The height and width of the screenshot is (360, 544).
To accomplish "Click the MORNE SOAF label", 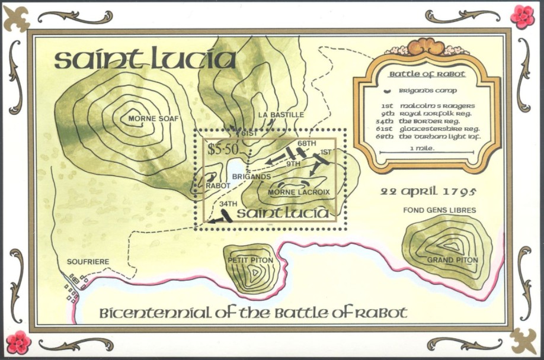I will point(153,118).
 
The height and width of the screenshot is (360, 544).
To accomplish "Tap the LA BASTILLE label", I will point(281,114).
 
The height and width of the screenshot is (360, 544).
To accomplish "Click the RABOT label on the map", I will point(217,185).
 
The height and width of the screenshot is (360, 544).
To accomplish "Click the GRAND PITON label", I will point(452,260).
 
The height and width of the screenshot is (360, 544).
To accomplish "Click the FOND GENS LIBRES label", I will point(439,210).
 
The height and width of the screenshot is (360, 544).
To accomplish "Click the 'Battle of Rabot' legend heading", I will point(427,75).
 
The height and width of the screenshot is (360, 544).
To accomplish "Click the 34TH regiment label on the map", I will point(227,204).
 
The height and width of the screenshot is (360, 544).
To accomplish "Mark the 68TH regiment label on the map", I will point(306,143).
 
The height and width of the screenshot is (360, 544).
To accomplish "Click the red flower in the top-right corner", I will point(522,17).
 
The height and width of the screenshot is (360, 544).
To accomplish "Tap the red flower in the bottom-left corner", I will point(18,342).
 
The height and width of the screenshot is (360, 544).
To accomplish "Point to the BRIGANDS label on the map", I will point(251,176).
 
